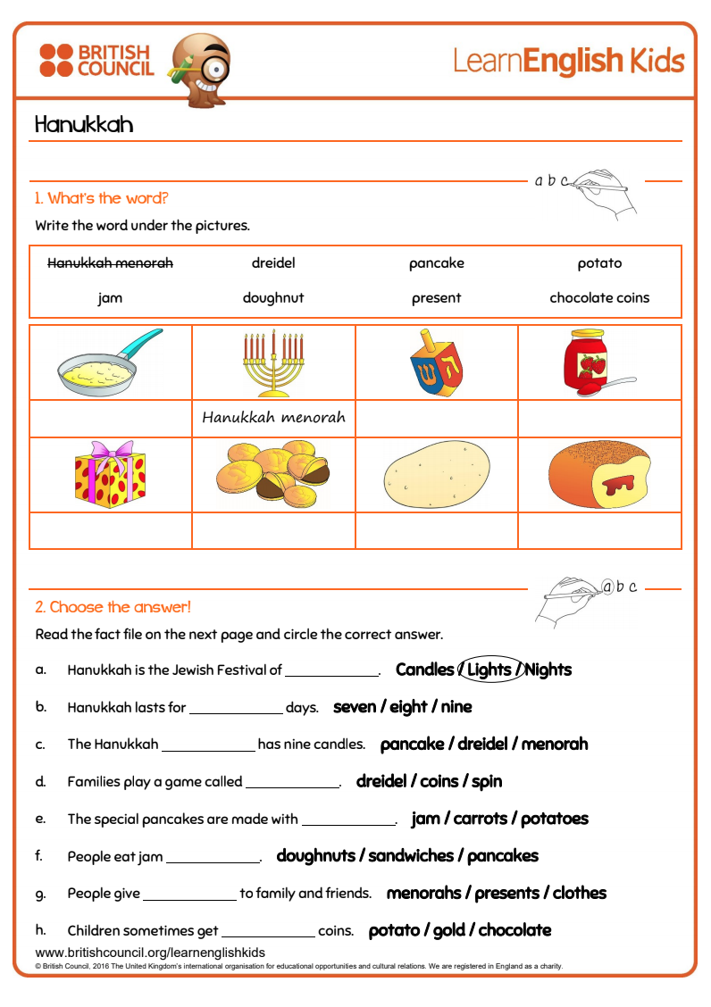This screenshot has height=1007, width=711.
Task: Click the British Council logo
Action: (96, 61)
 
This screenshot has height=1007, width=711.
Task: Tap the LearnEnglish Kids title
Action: (568, 61)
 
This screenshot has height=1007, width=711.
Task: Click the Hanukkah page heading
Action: (84, 124)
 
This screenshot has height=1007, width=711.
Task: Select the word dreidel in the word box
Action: (273, 263)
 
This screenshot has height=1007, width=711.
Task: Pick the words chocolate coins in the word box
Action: (599, 297)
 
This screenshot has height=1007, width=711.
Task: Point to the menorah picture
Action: (273, 362)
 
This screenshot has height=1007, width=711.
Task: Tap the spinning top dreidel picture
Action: (436, 362)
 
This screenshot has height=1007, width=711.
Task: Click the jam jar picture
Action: (590, 362)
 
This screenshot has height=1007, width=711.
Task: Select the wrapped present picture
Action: (109, 474)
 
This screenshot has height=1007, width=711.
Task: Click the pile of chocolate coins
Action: (273, 474)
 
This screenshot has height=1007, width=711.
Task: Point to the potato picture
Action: (436, 475)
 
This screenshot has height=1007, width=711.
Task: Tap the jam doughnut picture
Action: (599, 474)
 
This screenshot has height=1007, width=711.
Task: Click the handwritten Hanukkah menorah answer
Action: (273, 418)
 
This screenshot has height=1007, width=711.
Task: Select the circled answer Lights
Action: (489, 670)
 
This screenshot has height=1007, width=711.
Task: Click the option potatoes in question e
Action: (555, 819)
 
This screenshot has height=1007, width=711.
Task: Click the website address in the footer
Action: (150, 953)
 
